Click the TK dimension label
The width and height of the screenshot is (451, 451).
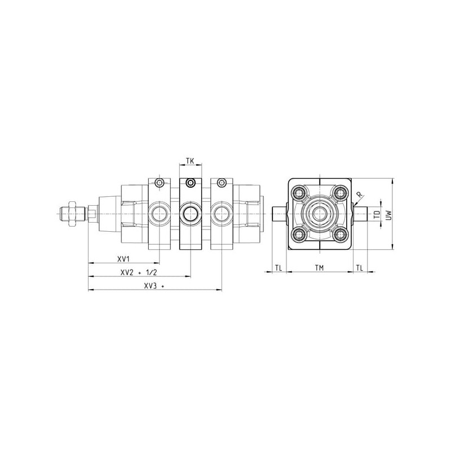coord(190,161)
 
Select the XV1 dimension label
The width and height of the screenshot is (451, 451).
coord(123,259)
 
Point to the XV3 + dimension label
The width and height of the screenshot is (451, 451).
coord(154,286)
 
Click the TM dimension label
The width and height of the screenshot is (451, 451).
coord(319,268)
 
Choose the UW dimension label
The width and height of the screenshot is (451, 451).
coord(389,215)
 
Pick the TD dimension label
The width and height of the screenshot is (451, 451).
coord(377,215)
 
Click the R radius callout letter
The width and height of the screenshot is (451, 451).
coord(359,194)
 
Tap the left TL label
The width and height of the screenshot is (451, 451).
coord(278,268)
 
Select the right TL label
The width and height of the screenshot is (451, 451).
coord(360,268)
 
